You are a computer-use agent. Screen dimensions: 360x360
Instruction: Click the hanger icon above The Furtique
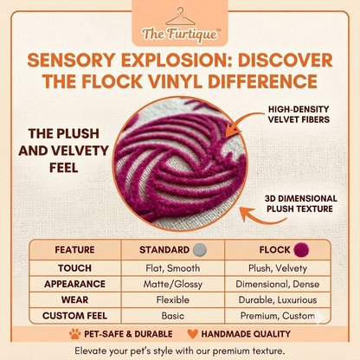pos(180,17)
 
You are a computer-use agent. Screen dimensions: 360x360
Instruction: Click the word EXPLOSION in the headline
pos(177,61)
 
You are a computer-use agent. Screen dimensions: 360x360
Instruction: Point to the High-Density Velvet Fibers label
pos(299,114)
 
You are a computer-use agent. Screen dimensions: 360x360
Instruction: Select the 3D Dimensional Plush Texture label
pos(300,203)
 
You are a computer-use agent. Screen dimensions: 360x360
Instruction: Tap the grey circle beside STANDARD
pos(200,250)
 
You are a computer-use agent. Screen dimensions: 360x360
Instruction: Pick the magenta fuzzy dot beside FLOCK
pos(301,250)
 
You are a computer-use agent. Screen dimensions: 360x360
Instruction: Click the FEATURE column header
pos(74,250)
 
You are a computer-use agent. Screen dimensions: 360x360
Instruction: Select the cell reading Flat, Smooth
pos(173,268)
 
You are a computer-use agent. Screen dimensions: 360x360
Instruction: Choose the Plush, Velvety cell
pos(278,268)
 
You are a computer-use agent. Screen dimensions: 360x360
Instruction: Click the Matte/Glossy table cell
pos(173,284)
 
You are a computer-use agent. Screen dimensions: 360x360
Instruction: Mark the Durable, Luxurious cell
pos(278,300)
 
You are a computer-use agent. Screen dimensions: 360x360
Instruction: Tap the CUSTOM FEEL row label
pos(74,316)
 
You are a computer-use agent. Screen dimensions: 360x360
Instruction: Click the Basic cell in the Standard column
pos(173,316)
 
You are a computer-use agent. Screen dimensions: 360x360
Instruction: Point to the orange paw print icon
pos(75,334)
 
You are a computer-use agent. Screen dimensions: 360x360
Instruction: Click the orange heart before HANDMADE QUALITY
pos(192,334)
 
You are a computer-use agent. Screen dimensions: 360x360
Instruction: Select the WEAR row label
pos(74,300)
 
